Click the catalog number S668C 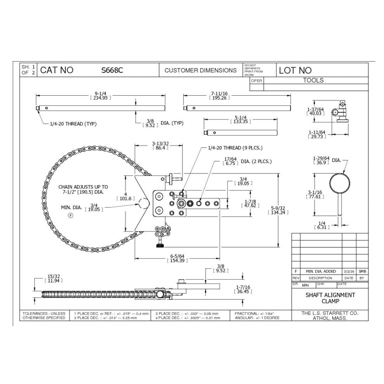point(112,70)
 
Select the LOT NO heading point(295,70)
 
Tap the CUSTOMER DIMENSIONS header point(201,70)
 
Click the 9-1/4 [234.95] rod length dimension point(100,96)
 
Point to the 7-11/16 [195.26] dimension point(219,96)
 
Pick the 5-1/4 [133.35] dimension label point(240,119)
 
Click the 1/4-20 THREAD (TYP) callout point(73,124)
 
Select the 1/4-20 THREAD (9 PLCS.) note point(235,148)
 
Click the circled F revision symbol point(70,215)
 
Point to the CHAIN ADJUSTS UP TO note point(83,189)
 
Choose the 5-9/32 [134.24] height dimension point(278,210)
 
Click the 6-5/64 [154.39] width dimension point(177,258)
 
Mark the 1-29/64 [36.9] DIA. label point(326,160)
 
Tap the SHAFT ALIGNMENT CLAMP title point(330,298)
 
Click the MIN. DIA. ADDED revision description point(321,271)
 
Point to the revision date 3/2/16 point(349,271)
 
